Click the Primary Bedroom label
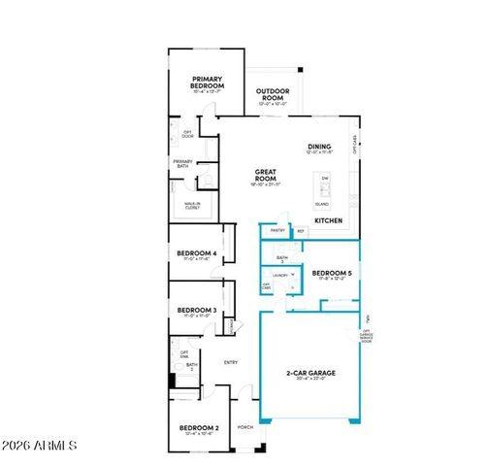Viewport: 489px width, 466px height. coord(208,83)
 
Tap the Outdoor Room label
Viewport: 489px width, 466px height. coord(274,94)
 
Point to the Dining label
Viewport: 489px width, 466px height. coord(320,147)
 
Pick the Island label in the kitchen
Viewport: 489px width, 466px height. coord(322,204)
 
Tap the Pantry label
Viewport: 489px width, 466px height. coord(277,230)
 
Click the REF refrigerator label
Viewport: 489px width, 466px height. coord(301,230)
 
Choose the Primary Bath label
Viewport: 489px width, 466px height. coord(182,163)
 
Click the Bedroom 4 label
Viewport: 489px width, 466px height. coord(196,254)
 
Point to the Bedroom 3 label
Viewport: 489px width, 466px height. coord(196,311)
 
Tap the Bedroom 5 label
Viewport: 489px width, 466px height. coord(331,274)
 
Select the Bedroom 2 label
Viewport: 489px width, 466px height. coord(199,428)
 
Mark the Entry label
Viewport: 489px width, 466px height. coord(231,362)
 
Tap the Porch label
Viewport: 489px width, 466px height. coord(245,426)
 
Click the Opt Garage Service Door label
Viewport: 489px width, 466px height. coord(366,335)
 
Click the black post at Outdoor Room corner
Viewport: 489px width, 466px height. coord(301,70)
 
